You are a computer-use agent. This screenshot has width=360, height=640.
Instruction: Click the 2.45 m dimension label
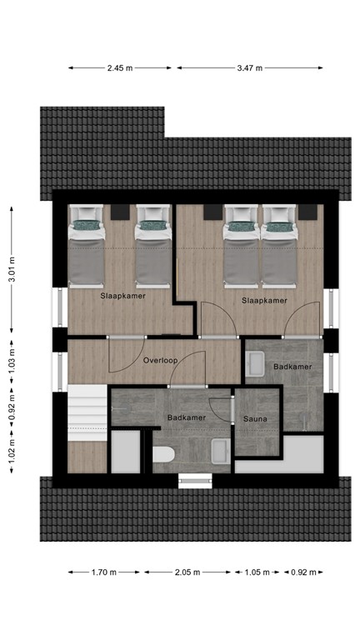coord(120,68)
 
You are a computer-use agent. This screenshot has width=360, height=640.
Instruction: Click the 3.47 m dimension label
coord(250,68)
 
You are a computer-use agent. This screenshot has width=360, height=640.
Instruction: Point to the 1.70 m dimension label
coord(105,572)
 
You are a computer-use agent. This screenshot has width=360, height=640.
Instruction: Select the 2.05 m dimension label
coord(188,572)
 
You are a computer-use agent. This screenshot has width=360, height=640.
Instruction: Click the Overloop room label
coord(158,362)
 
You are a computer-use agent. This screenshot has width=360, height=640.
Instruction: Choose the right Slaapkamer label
coord(264,300)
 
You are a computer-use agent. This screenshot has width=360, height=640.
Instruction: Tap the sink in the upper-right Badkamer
coord(255,364)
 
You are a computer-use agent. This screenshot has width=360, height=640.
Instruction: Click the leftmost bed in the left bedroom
coord(87,246)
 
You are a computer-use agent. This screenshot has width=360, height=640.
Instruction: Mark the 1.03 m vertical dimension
coord(12,363)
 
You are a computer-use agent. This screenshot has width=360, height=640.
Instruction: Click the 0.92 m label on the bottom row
coord(302,572)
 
